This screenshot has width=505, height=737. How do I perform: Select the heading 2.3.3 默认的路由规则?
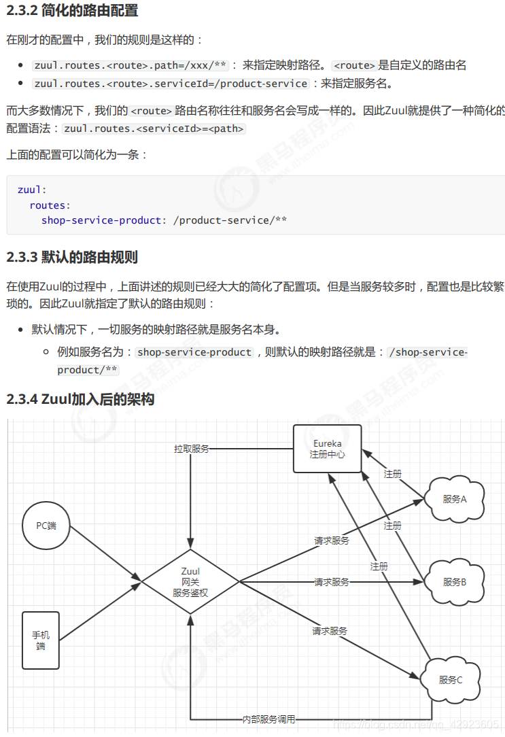point(72,257)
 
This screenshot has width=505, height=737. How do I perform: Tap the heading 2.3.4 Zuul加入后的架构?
point(80,399)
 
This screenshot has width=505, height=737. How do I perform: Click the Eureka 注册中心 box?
point(327,449)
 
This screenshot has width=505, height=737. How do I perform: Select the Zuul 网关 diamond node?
point(190,582)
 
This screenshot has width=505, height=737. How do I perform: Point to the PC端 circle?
point(46,526)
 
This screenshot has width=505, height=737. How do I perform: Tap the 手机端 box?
point(41,640)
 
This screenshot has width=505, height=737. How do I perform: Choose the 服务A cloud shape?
point(454,499)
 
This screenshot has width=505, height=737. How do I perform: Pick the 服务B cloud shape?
point(454,582)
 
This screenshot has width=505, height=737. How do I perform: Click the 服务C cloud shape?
point(450,680)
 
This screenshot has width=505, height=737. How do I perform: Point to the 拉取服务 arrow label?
point(191,449)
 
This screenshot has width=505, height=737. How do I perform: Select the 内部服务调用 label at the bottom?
point(268,719)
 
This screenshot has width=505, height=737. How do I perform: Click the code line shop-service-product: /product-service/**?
point(164,220)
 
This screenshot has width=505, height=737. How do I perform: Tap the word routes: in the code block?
point(50,205)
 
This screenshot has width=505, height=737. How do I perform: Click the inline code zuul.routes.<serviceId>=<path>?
point(154,128)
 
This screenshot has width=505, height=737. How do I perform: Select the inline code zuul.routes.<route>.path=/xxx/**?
point(130,65)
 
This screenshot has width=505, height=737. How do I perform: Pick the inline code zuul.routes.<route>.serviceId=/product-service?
point(171,84)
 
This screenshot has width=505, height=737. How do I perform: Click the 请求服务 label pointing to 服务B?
point(332,582)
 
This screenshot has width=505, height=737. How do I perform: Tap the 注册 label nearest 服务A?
point(392,474)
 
